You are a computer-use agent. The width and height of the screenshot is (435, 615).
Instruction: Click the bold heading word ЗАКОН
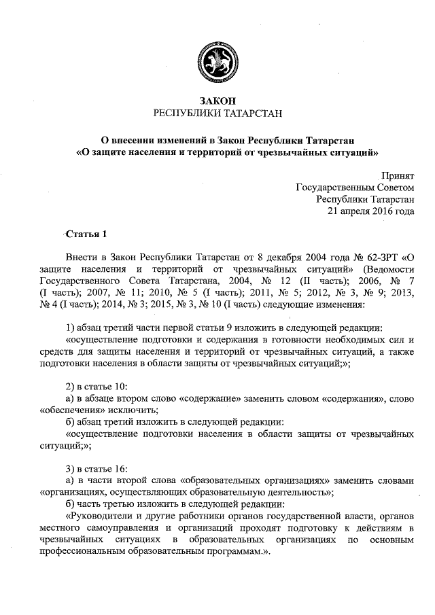[x=217, y=101]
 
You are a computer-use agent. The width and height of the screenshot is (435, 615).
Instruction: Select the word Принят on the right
[x=398, y=175]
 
